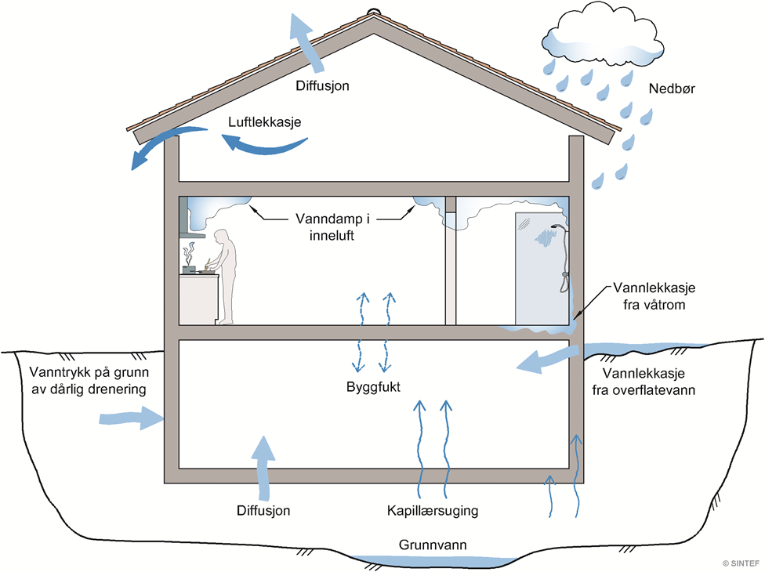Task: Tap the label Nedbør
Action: [x=673, y=89]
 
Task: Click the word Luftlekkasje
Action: [x=266, y=122]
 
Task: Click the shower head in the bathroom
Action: [x=557, y=227]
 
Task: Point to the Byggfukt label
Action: [x=375, y=386]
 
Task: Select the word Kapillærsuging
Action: [x=433, y=511]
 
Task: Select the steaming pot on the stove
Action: [x=189, y=269]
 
